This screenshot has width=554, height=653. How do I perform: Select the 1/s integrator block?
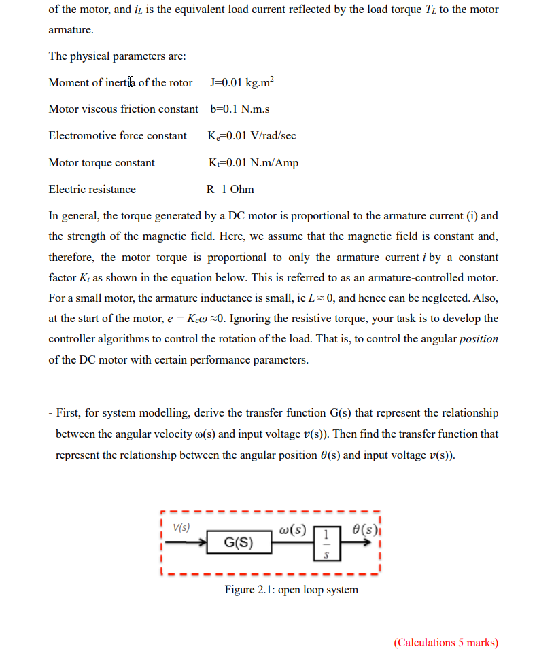click(327, 543)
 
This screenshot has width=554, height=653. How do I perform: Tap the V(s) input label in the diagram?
click(181, 527)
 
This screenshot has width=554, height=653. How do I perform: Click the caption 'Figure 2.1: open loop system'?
click(291, 589)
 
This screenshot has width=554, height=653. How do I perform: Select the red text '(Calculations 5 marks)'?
click(445, 642)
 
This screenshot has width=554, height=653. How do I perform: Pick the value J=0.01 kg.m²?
click(243, 82)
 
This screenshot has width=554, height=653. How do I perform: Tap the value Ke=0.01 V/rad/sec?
click(252, 136)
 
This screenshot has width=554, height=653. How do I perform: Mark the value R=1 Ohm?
click(230, 189)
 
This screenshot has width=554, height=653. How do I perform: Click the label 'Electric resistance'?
click(92, 189)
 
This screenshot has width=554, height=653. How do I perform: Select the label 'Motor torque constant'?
click(101, 162)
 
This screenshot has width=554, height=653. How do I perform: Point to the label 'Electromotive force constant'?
click(118, 136)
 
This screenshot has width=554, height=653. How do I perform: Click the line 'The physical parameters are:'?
click(117, 56)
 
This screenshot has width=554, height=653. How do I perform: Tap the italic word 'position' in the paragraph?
click(479, 338)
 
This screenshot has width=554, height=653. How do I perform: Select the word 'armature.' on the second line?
click(71, 31)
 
